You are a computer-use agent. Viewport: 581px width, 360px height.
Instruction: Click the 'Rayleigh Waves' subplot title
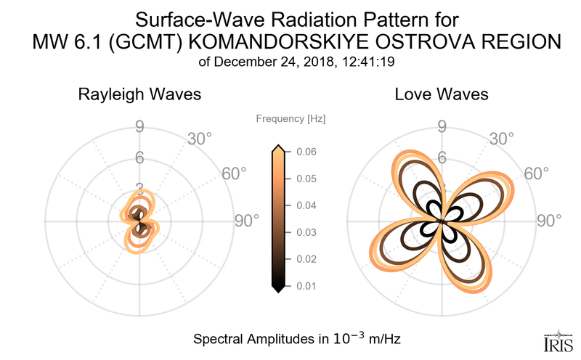click(x=139, y=94)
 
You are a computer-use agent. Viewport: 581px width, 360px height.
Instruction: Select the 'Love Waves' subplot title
click(x=442, y=94)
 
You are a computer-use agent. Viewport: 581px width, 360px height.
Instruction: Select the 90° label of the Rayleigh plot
click(x=247, y=221)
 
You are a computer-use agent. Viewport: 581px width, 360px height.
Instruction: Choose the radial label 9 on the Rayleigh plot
click(x=139, y=127)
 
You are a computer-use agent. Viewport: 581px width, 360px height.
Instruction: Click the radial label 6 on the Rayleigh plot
click(x=139, y=157)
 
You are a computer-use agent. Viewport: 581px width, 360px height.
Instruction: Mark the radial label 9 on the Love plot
click(x=442, y=127)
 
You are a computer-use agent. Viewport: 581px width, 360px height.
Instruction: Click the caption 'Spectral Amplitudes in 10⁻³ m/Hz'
click(x=297, y=339)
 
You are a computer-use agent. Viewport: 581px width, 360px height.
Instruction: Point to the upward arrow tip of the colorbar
click(x=277, y=148)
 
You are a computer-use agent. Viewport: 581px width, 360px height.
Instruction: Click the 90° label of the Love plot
click(x=549, y=221)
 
